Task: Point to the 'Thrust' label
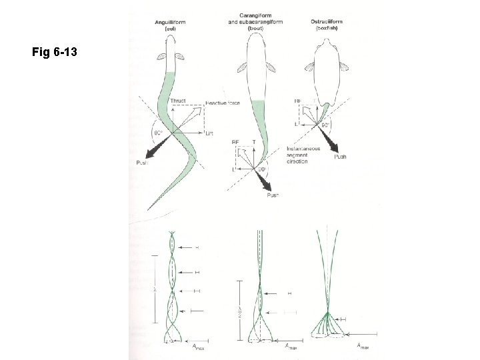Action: pos(177,101)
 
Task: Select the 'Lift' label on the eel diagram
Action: pos(209,134)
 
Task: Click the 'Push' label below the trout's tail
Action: pos(273,195)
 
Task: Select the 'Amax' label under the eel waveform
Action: pos(195,347)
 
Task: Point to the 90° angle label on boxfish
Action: pos(327,124)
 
